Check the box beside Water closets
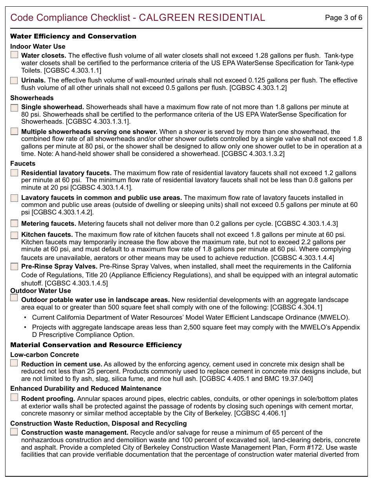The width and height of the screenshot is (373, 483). pos(14,55)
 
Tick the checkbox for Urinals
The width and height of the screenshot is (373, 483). pos(14,80)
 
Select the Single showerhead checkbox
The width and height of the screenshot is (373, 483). pos(14,107)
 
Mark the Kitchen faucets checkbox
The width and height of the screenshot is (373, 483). pos(14,235)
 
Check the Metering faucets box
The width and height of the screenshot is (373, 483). pos(14,223)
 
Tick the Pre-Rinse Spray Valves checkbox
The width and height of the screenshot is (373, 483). pos(14,266)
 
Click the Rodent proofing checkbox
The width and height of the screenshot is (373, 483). pos(14,397)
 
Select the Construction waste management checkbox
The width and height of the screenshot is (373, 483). pos(14,432)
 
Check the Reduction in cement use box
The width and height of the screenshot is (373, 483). pos(14,363)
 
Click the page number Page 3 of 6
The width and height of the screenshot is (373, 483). pos(344,18)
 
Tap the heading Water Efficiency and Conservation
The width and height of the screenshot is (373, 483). pos(73,36)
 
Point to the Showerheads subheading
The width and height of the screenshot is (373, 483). pos(32,98)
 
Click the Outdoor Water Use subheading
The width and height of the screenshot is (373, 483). pos(40,291)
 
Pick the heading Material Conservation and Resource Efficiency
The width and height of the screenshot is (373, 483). pos(96,345)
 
